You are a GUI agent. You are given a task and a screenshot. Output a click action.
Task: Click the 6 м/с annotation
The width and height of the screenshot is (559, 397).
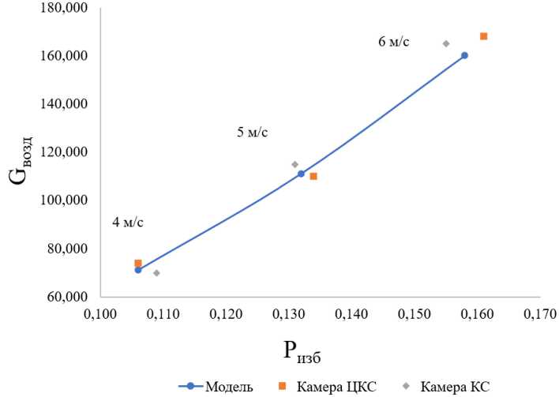tap(394, 42)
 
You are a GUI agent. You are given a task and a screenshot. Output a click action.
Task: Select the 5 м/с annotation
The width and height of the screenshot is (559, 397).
tap(253, 132)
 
